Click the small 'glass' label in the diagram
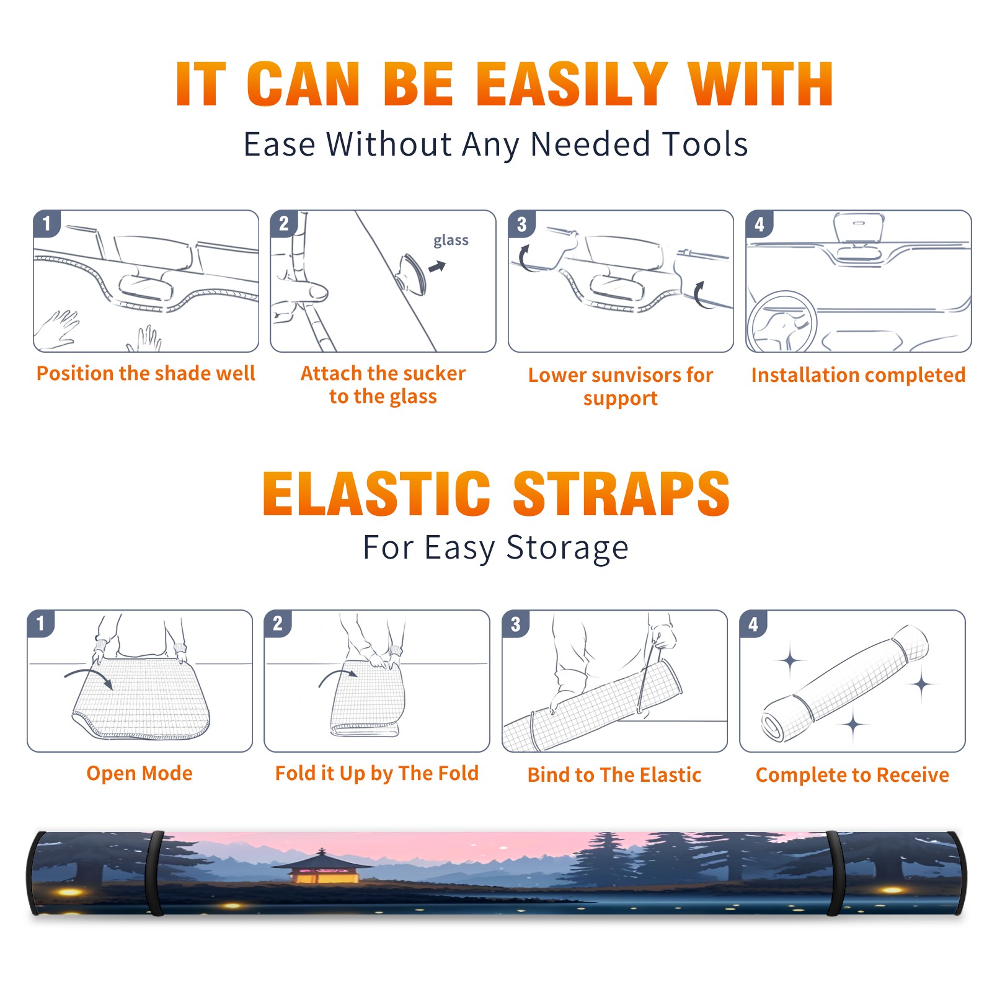click(451, 241)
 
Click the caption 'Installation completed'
click(858, 375)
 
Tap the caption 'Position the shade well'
click(146, 373)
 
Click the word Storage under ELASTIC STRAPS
click(567, 548)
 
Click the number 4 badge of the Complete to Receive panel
click(753, 624)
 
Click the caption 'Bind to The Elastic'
click(614, 775)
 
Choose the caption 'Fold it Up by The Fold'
click(377, 774)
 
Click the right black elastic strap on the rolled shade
click(835, 873)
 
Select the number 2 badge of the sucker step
click(284, 224)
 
